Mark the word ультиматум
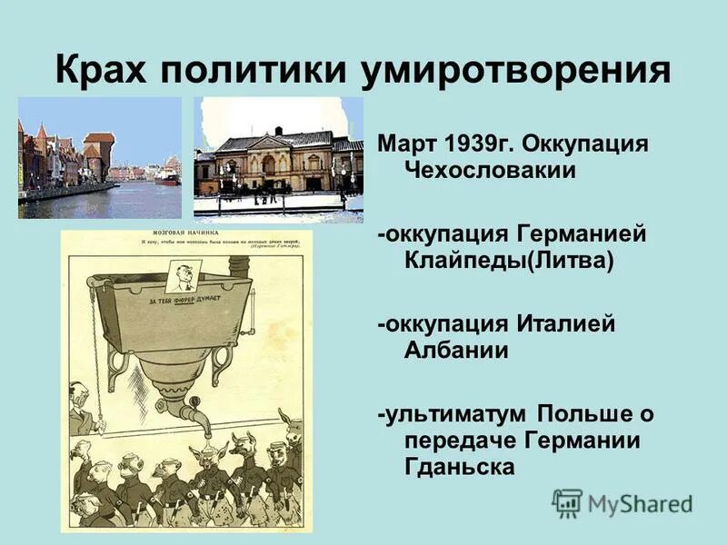454,414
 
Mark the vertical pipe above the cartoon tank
239,264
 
